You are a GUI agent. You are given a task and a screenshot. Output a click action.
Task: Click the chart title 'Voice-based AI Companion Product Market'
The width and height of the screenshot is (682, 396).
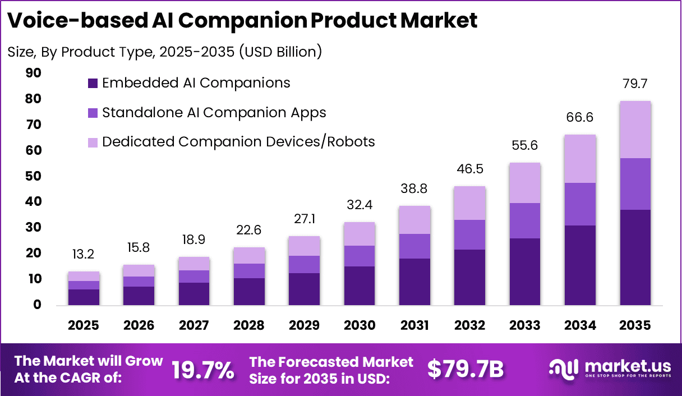click(242, 21)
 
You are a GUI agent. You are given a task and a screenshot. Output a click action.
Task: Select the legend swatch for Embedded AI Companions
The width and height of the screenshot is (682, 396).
click(93, 84)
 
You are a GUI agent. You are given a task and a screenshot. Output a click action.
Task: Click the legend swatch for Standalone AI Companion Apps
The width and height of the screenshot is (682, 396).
click(93, 113)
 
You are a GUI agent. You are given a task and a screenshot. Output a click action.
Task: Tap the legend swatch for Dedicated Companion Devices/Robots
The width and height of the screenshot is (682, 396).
click(93, 142)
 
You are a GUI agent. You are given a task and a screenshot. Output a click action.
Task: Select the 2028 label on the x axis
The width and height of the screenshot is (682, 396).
click(249, 326)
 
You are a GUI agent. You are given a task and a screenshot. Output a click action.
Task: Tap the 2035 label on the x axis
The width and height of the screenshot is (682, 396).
click(635, 326)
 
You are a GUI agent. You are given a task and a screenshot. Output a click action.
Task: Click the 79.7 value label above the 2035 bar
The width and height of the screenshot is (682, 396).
click(635, 84)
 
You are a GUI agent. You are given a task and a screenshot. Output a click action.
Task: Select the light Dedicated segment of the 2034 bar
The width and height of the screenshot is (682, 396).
click(580, 159)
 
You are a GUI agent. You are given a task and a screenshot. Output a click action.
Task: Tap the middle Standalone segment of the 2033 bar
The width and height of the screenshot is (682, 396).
click(525, 220)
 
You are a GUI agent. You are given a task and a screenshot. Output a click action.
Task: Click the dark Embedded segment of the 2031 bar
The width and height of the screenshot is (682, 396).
click(414, 282)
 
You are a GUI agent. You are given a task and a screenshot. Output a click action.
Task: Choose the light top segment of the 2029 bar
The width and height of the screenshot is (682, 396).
click(304, 246)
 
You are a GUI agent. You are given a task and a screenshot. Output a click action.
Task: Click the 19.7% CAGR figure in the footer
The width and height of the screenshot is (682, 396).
click(202, 370)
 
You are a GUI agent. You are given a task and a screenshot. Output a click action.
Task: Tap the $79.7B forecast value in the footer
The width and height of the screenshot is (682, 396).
click(466, 369)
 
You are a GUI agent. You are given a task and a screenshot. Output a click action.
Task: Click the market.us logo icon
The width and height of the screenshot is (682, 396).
click(563, 369)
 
